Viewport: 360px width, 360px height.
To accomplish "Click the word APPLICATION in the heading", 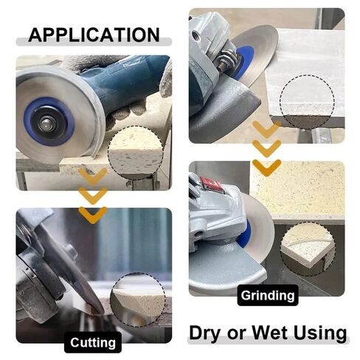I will (93, 34).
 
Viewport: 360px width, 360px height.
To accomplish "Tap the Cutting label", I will (93, 342).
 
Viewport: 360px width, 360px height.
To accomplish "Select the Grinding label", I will (268, 296).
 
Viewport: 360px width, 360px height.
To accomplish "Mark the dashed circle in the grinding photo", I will (308, 249).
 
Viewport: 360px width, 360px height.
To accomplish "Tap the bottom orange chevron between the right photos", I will (266, 166).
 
